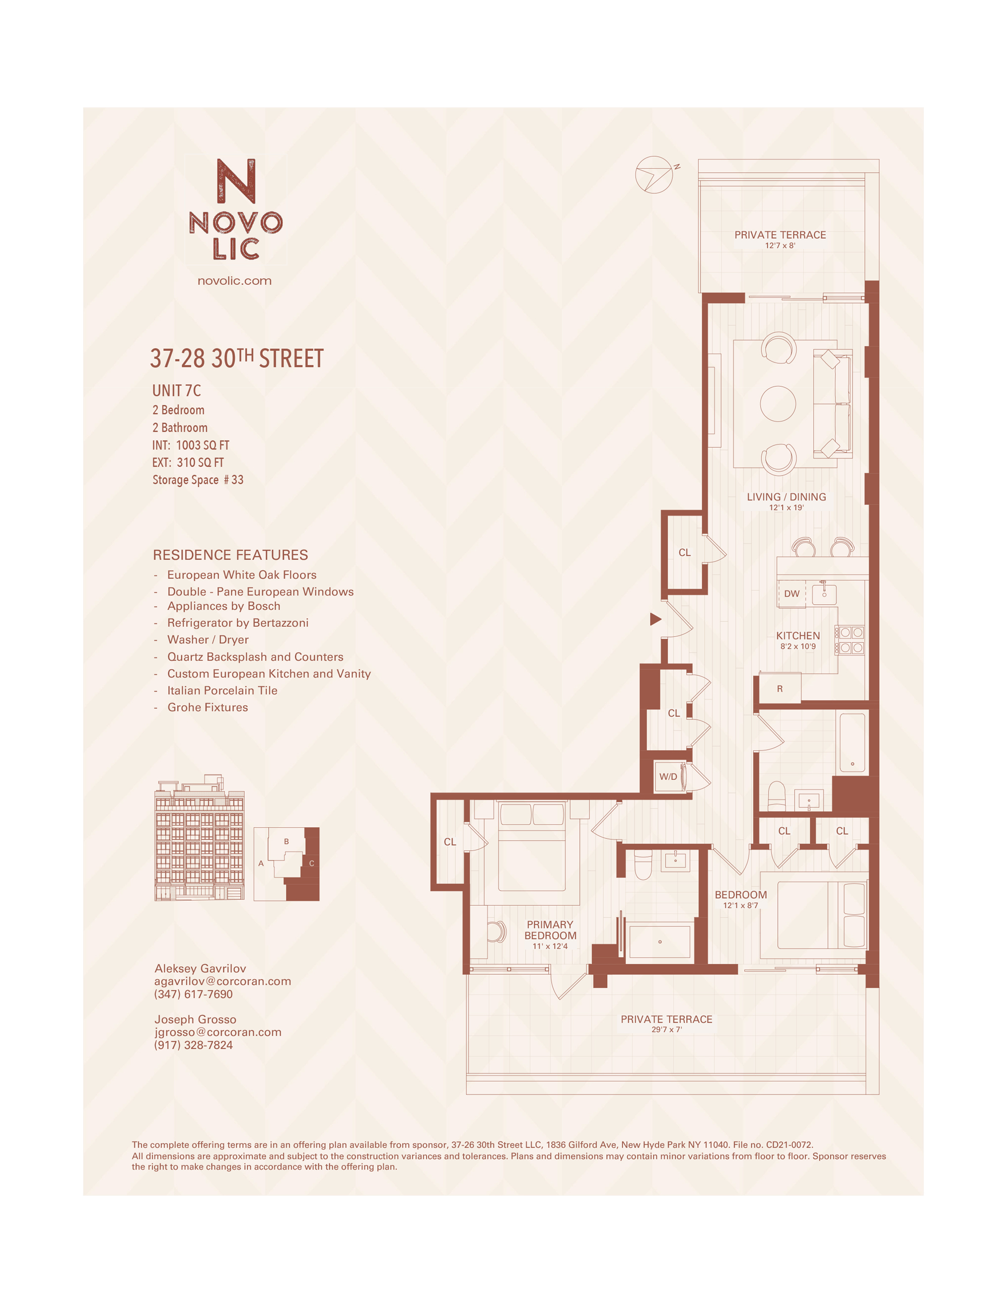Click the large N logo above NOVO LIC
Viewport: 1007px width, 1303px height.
coord(236,180)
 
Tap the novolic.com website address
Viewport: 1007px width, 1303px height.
coord(235,281)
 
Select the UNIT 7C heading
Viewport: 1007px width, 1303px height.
coord(177,391)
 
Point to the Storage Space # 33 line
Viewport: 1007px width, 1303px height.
coord(197,480)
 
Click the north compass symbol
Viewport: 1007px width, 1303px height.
coord(654,175)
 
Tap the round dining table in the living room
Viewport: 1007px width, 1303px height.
coord(777,404)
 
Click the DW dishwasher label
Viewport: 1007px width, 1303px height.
coord(792,594)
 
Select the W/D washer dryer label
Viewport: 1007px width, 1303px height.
coord(668,777)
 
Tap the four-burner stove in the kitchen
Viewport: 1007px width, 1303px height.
coord(850,639)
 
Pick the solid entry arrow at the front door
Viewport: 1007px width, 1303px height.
coord(656,619)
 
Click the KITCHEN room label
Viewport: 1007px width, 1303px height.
coord(798,636)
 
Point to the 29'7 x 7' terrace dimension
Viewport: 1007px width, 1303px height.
coord(666,1030)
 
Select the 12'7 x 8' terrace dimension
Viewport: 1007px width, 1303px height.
coord(780,245)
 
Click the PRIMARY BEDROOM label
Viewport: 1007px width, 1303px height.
coord(550,930)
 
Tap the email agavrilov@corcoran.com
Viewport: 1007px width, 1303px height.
coord(223,981)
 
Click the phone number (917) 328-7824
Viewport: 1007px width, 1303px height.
coord(193,1045)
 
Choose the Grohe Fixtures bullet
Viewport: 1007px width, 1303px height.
coord(207,707)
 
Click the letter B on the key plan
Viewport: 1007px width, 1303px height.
coord(286,842)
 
